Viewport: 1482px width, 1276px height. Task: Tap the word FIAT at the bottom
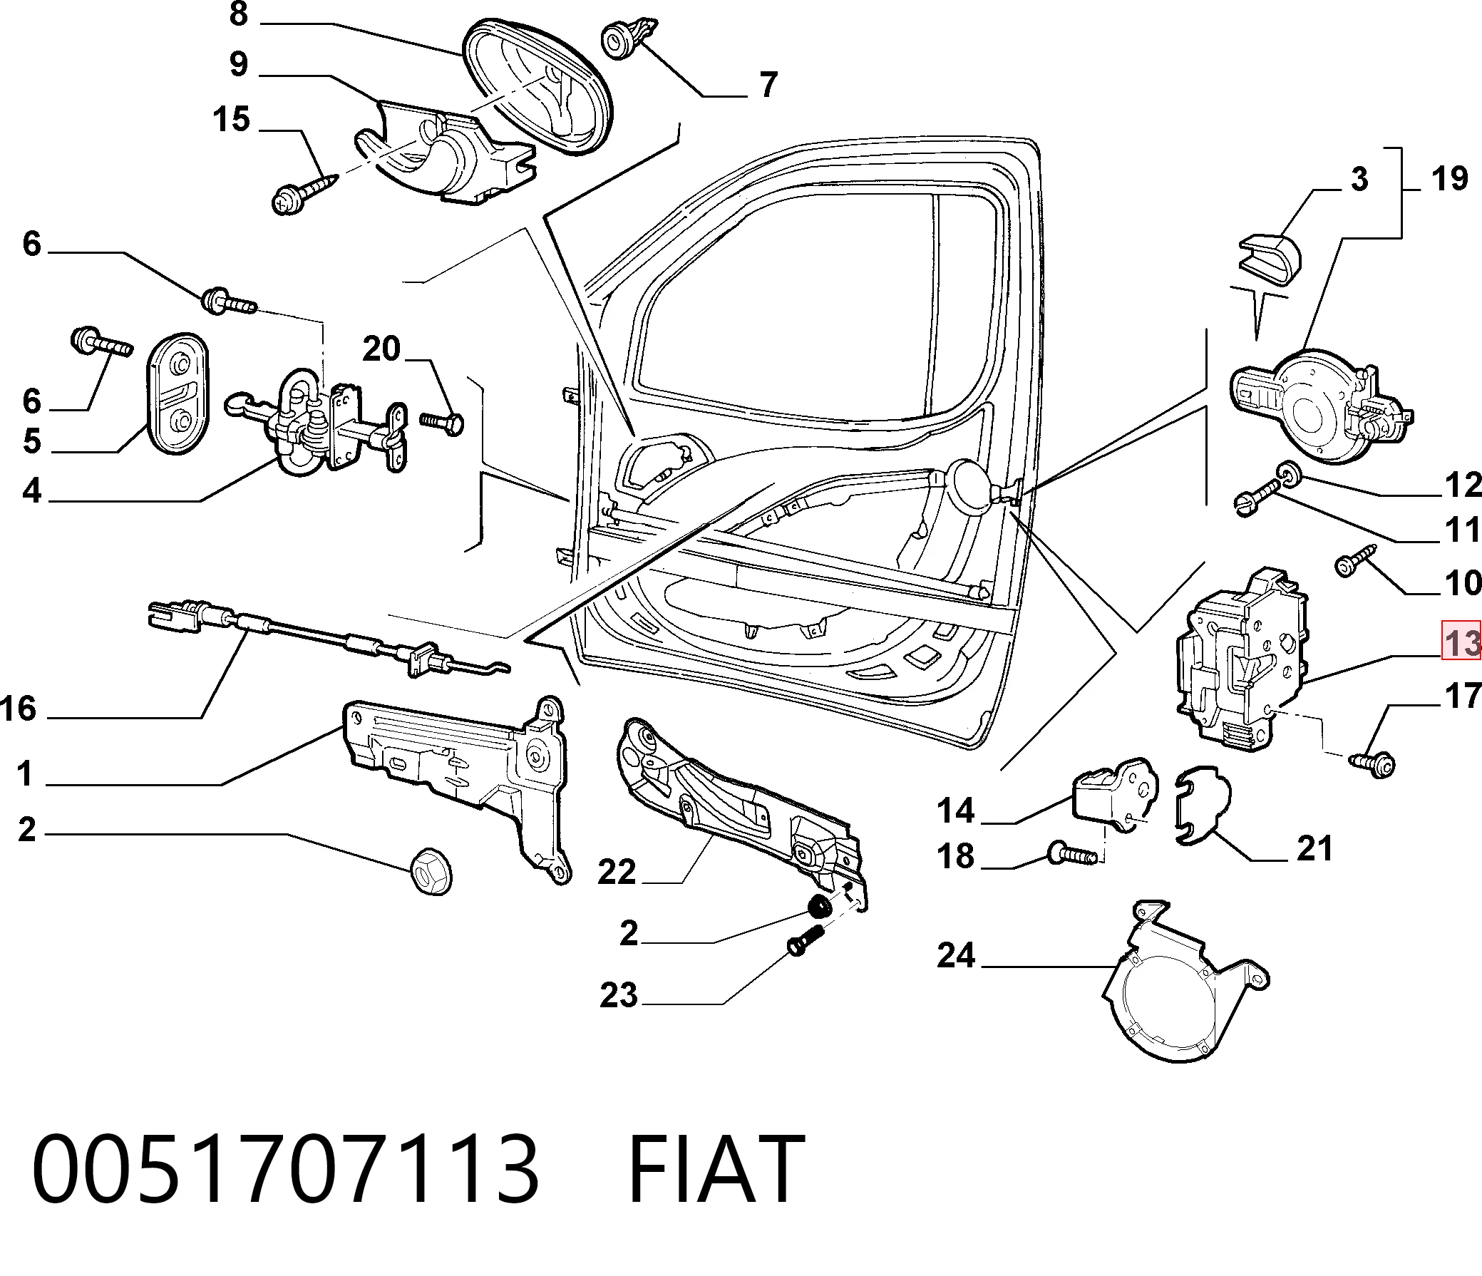(x=716, y=1169)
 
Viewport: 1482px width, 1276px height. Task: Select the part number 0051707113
(x=285, y=1169)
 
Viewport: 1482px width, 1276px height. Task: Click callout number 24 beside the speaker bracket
(x=957, y=955)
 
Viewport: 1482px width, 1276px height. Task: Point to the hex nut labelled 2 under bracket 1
(x=432, y=870)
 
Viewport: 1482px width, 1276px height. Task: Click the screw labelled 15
(x=304, y=190)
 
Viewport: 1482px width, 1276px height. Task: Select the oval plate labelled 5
(x=177, y=393)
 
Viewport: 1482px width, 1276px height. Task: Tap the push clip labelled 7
(x=628, y=37)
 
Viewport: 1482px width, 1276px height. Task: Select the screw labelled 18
(x=1071, y=853)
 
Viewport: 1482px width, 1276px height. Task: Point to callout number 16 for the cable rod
(x=18, y=709)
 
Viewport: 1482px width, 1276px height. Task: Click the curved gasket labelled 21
(x=1204, y=807)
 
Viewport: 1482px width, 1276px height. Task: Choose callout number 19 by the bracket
(x=1449, y=178)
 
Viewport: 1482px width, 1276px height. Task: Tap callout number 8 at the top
(x=238, y=14)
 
